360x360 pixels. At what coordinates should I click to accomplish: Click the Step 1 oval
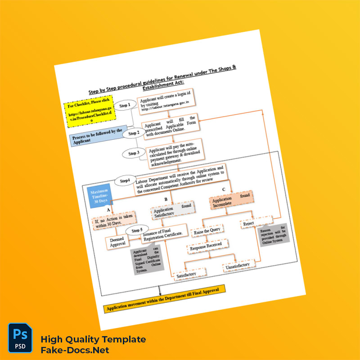pos(126,105)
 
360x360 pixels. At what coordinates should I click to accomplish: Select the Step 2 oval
pos(134,133)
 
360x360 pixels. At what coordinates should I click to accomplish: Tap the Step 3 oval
pos(134,153)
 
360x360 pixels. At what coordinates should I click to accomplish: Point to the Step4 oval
pos(125,181)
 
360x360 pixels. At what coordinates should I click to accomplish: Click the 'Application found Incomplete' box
pos(230,201)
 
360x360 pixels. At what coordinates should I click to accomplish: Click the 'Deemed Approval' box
pos(118,242)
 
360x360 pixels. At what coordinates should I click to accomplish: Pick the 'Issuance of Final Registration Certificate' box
pos(166,230)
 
